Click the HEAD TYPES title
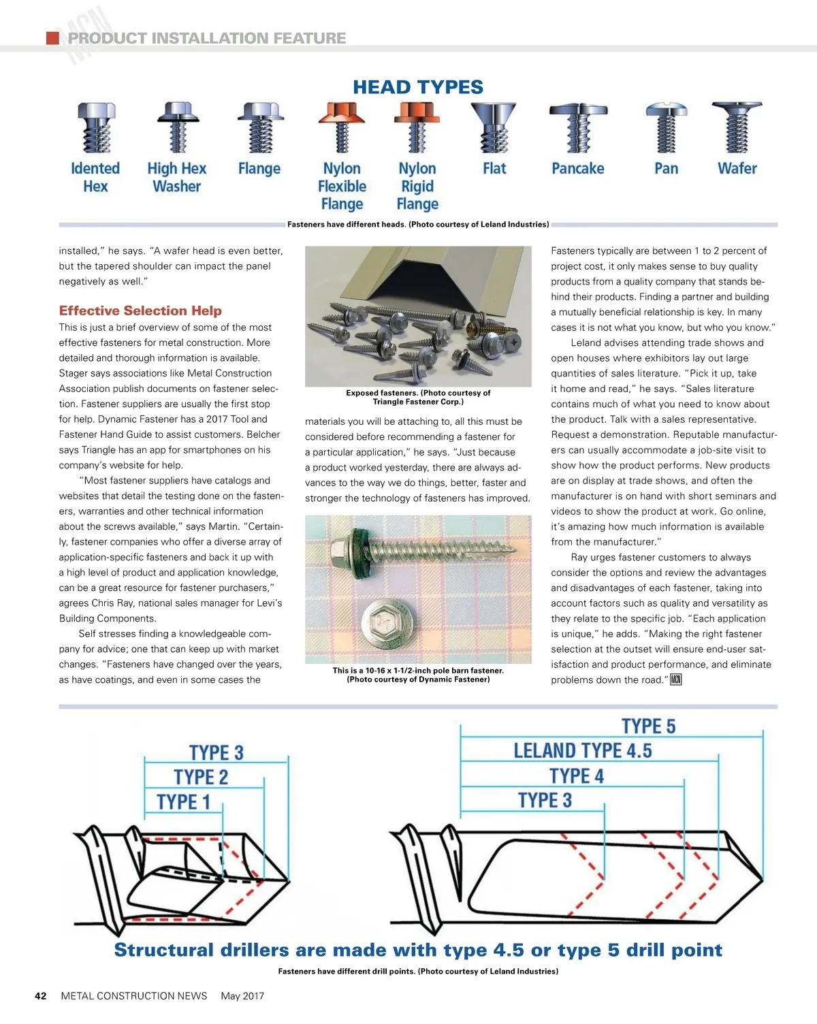tap(417, 87)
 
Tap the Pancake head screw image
tap(578, 127)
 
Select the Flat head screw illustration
tap(494, 127)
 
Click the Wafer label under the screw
tap(737, 168)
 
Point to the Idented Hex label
tap(95, 177)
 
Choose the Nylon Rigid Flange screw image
tap(417, 127)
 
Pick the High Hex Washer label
tap(177, 177)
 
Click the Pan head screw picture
tap(666, 127)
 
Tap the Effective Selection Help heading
tap(140, 310)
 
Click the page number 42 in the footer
tap(41, 995)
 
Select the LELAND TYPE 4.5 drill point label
tap(582, 750)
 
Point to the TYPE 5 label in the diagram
tap(648, 726)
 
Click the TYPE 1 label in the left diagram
tap(183, 801)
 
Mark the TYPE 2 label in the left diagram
tap(201, 777)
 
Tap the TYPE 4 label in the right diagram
tap(577, 775)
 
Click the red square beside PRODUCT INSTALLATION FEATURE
tap(52, 38)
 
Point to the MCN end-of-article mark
tap(675, 679)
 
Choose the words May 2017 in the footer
tap(242, 995)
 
